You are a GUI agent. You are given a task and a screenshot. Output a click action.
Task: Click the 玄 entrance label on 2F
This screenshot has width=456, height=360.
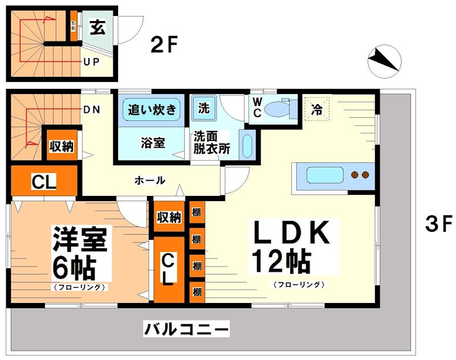coord(97,28)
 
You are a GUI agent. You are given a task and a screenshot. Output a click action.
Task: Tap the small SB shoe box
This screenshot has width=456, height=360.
coord(74,26)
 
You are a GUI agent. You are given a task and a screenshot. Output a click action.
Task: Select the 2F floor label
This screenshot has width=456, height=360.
coord(165,44)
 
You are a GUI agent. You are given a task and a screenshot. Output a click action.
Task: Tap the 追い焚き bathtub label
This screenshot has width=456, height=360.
coord(152,109)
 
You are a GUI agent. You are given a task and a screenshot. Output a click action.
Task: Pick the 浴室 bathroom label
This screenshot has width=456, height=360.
coord(153,143)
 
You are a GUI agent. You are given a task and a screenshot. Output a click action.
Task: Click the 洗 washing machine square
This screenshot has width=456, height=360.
coord(203,107)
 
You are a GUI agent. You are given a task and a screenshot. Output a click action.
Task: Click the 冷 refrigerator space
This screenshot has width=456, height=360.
coord(315,109)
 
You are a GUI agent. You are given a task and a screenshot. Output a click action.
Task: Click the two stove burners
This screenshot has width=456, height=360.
coord(360,175)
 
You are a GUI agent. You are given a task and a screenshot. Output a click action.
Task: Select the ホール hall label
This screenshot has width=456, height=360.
coord(150,181)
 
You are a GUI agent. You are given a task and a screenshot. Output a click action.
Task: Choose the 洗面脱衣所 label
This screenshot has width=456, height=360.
coord(211,144)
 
